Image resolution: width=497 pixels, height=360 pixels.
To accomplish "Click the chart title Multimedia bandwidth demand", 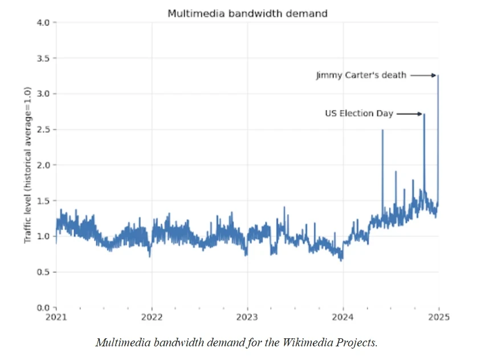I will coord(247,13).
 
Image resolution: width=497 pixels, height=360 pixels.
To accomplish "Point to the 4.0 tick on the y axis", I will coord(43,22).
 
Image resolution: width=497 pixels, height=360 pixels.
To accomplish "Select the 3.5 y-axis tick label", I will coord(43,58).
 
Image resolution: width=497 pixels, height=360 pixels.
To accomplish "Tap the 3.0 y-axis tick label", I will coord(43,93).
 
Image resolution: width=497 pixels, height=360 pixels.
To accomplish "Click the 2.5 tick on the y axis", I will coord(43,129).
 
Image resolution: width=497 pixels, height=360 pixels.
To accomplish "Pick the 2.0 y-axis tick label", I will coord(43,165).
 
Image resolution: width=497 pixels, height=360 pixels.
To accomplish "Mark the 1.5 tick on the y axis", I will coord(43,201).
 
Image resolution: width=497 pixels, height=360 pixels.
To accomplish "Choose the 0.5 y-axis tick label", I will coord(43,272).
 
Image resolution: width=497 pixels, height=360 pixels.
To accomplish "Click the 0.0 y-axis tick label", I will coord(43,308).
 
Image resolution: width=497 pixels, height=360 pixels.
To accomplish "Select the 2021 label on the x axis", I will coord(56,317).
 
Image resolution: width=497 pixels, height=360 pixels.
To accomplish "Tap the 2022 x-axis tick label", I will coord(152,317).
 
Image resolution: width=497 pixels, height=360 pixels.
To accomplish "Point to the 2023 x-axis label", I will coord(247,317).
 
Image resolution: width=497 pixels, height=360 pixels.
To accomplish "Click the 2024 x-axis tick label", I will coord(343,317).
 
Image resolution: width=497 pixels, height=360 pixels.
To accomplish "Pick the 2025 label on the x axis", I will coord(439,317).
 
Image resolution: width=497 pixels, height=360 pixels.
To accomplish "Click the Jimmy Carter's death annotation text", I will coord(361,75).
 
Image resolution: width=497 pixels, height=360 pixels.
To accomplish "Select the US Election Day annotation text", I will coord(359,114).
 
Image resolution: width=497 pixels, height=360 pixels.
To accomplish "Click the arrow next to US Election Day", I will coord(409,114).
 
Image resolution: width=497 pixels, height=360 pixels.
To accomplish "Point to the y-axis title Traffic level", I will coord(27,165).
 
